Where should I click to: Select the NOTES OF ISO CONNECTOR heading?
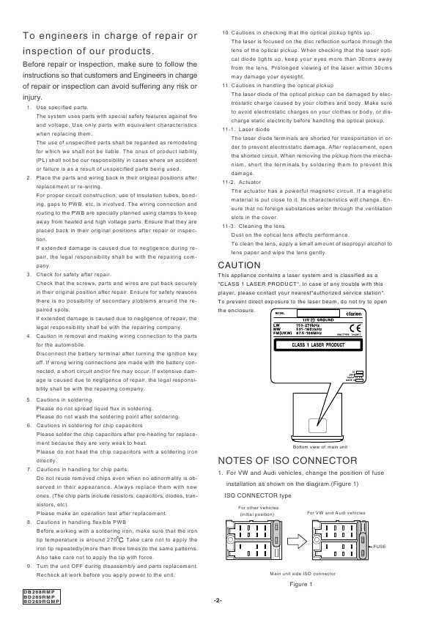coord(288,460)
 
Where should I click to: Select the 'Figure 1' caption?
coord(300,583)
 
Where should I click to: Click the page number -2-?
coord(218,601)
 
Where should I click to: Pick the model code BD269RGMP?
coord(41,602)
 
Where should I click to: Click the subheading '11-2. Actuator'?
coord(242,182)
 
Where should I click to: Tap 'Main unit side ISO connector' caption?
coord(303,574)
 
